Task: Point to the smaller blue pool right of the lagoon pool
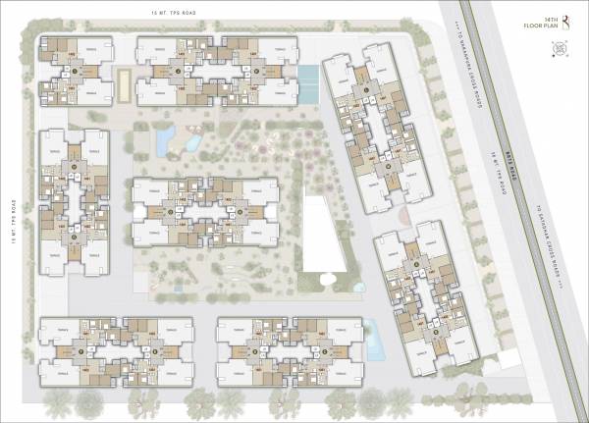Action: click(x=193, y=143)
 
